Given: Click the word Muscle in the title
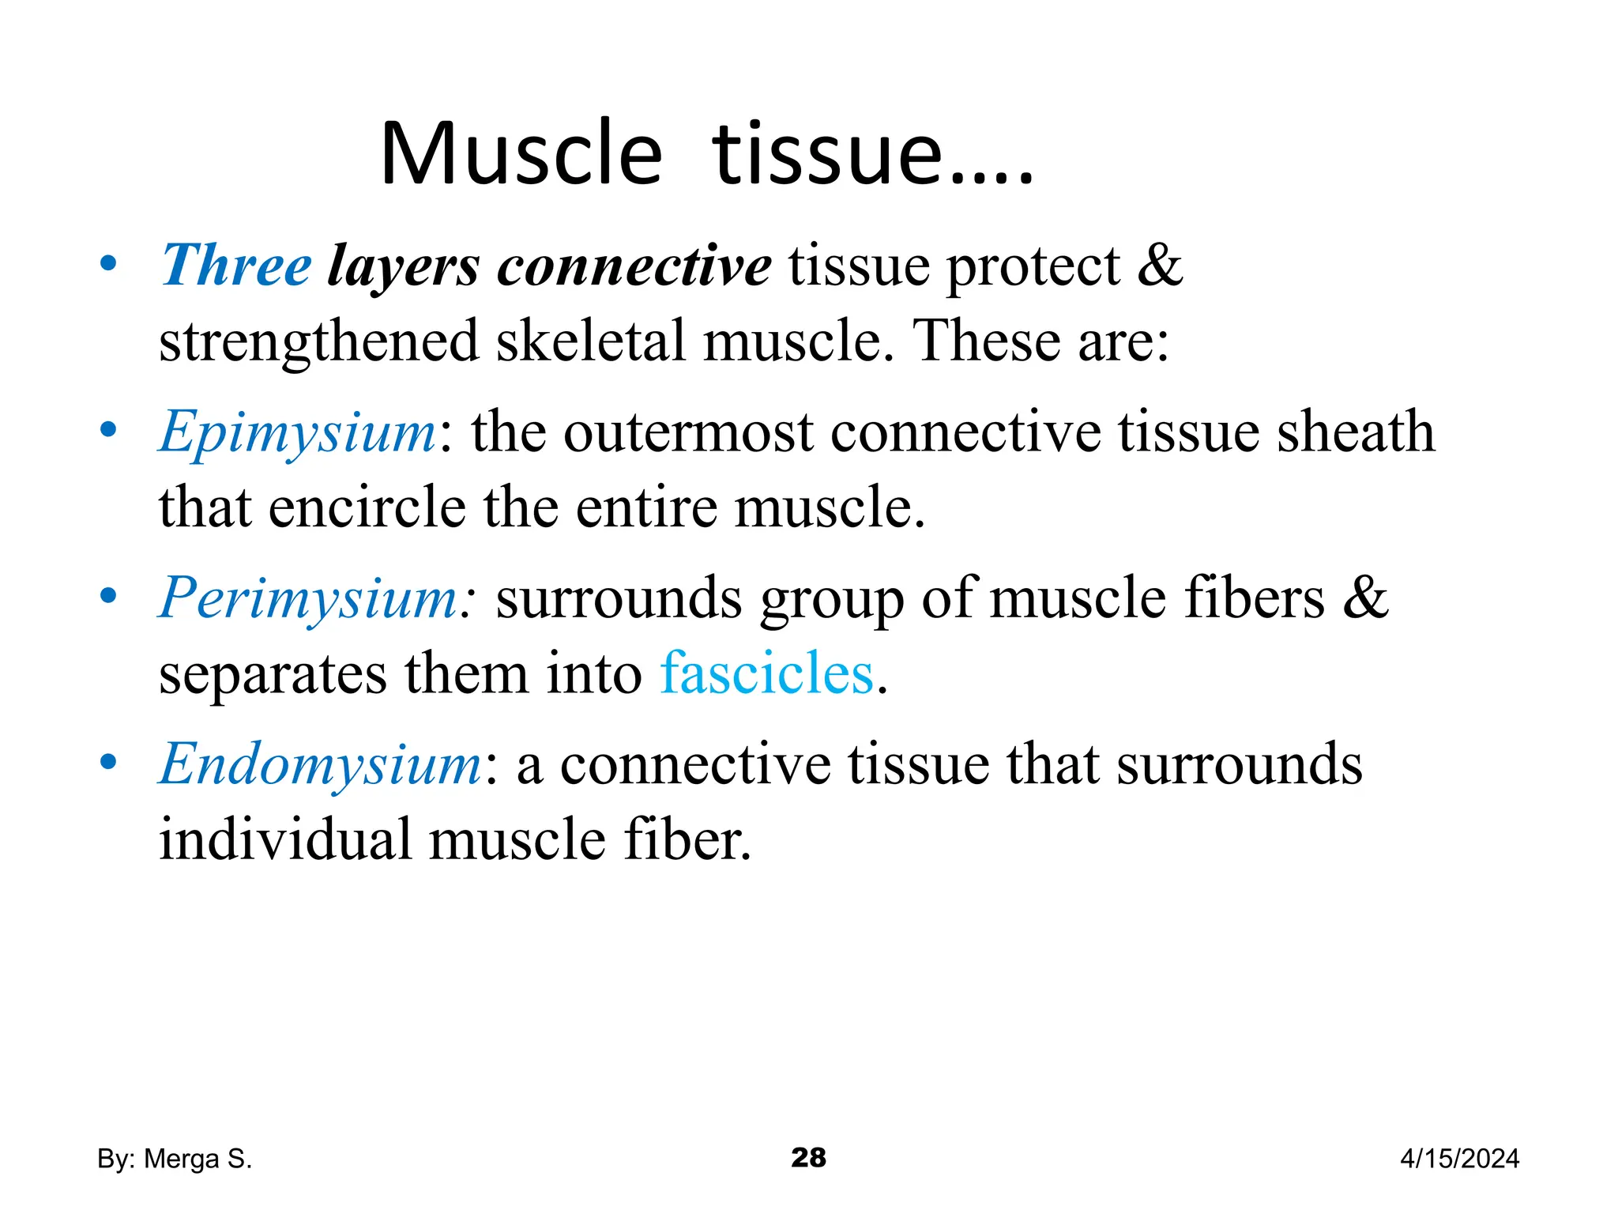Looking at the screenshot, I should (521, 153).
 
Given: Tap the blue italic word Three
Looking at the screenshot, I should (236, 266).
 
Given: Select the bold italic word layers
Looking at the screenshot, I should (404, 267).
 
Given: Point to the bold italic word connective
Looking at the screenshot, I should (634, 266).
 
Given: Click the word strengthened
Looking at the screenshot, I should (319, 341).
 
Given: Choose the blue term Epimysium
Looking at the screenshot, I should (298, 433).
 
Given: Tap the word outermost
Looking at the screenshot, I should (688, 433).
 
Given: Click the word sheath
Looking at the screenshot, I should (1356, 432).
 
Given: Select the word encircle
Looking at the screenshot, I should (367, 507).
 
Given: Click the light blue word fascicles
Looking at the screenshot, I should (767, 673).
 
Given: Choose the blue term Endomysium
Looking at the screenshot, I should (321, 764).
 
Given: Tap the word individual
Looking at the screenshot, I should (285, 839).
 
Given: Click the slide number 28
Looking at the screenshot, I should (808, 1158).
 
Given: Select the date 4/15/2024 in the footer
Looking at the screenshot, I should (1459, 1159).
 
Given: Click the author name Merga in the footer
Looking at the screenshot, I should (182, 1159).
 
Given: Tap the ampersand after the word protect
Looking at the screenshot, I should (1160, 266).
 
